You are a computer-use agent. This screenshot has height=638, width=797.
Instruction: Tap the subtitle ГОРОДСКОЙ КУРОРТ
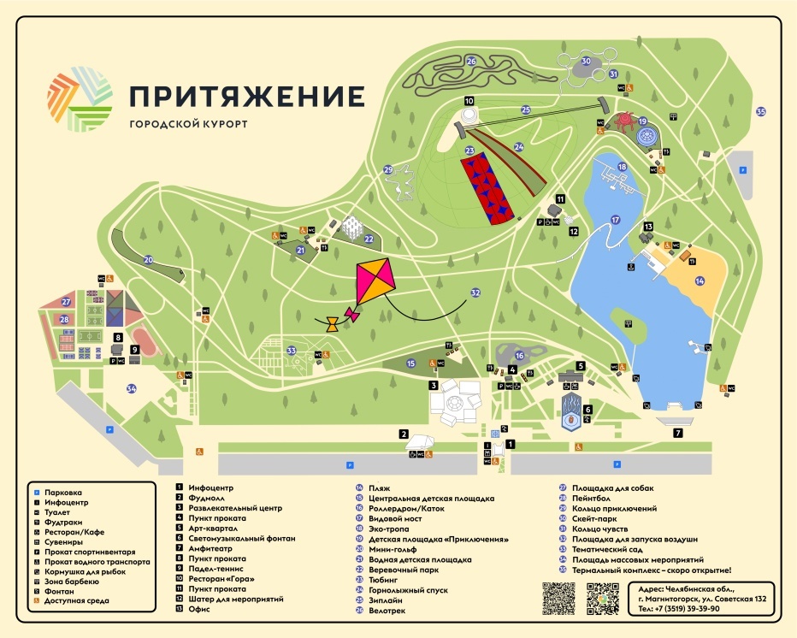pos(188,124)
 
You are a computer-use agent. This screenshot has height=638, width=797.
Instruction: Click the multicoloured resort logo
pos(80,99)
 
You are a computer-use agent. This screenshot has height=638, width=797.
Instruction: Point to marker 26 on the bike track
pos(471,61)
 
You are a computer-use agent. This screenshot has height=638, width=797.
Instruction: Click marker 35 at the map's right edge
pos(761,111)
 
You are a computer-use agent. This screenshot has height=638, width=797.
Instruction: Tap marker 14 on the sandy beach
pos(700,281)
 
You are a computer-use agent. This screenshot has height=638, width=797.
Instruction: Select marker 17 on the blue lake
pos(615,219)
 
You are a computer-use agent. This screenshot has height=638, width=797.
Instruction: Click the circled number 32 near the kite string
pos(476,292)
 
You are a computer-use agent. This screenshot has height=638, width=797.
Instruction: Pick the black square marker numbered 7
pos(677,433)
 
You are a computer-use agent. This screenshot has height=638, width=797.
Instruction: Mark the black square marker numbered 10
pos(469,101)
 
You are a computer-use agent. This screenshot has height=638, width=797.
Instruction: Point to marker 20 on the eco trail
pos(148,260)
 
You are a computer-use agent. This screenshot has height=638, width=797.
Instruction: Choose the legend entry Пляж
pos(379,488)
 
